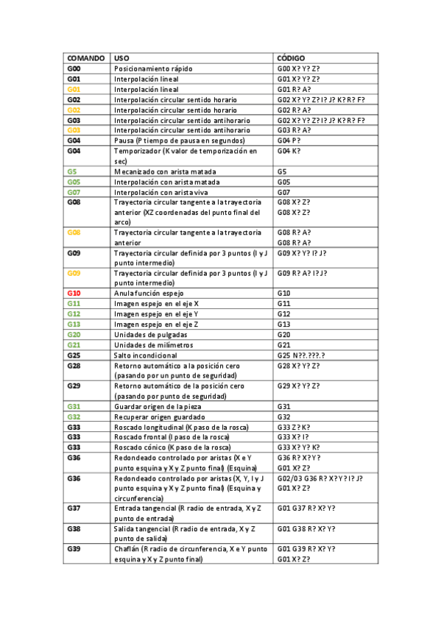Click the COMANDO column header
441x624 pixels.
pyautogui.click(x=85, y=57)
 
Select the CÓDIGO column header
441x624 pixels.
pyautogui.click(x=292, y=57)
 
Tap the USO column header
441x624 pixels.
pyautogui.click(x=121, y=57)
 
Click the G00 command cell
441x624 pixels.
pyautogui.click(x=74, y=68)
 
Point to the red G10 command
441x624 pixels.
pyautogui.click(x=74, y=293)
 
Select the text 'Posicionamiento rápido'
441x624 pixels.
pyautogui.click(x=153, y=68)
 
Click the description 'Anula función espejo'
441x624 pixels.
pyautogui.click(x=149, y=293)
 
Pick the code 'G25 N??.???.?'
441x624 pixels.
pyautogui.click(x=301, y=355)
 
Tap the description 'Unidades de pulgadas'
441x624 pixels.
pyautogui.click(x=151, y=334)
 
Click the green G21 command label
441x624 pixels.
pyautogui.click(x=74, y=344)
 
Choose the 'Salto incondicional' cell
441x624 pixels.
pyautogui.click(x=146, y=355)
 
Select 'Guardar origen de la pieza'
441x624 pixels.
pyautogui.click(x=158, y=406)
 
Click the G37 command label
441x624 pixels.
pyautogui.click(x=74, y=508)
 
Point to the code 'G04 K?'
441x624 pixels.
pyautogui.click(x=289, y=150)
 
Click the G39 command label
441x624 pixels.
pyautogui.click(x=74, y=549)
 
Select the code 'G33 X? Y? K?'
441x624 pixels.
pyautogui.click(x=298, y=447)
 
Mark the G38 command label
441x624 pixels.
pyautogui.click(x=74, y=528)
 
